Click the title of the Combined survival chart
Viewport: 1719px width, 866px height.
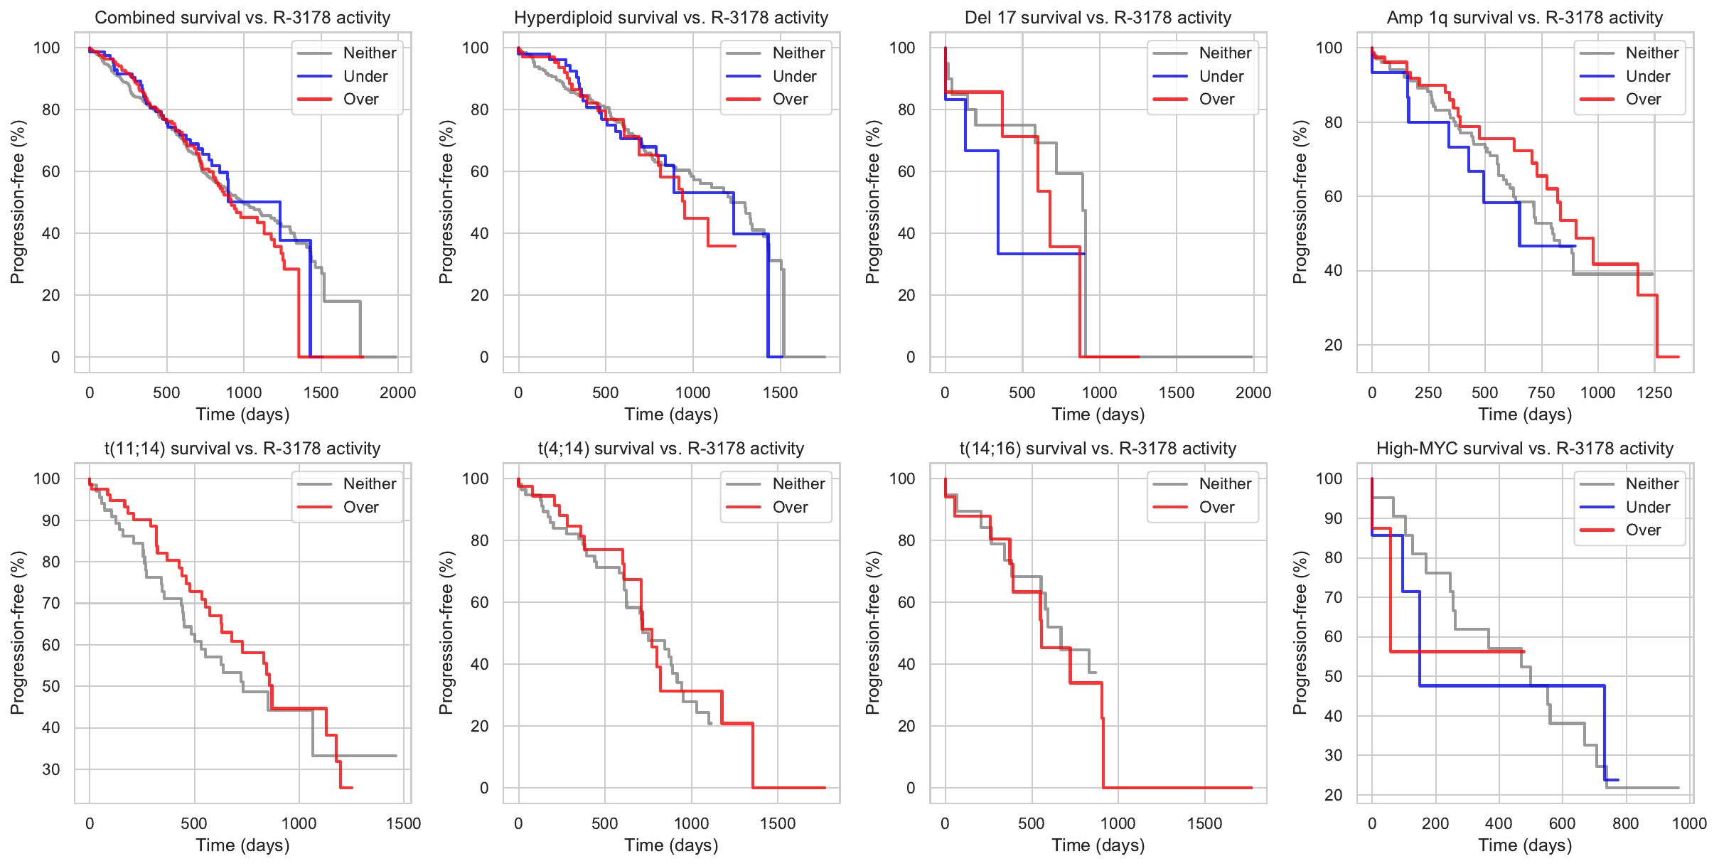(242, 18)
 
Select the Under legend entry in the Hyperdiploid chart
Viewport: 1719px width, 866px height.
(794, 76)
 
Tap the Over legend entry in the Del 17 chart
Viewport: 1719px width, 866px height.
(1216, 100)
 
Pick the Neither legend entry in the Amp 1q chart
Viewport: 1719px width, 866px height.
(1651, 53)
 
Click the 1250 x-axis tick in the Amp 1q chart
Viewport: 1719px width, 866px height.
(1654, 392)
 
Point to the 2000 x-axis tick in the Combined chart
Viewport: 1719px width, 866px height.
(397, 392)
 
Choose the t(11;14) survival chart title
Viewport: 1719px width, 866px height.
(242, 449)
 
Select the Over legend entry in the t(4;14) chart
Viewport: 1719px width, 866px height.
(790, 508)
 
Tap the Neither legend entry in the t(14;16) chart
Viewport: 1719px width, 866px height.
(1225, 484)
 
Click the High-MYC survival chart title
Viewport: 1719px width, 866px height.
(1525, 449)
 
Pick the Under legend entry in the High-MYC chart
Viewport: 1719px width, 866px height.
(1648, 508)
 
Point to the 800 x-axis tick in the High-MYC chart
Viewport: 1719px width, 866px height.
(1626, 823)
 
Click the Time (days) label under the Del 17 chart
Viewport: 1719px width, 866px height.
(1098, 415)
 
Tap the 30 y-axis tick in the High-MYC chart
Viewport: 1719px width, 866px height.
(1329, 756)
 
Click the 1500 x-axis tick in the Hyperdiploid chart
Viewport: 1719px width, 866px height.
(780, 392)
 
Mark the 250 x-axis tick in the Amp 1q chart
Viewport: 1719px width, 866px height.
(1428, 392)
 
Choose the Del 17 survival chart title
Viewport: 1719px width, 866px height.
(1098, 18)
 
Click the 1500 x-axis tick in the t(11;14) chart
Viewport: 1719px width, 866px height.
(403, 823)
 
